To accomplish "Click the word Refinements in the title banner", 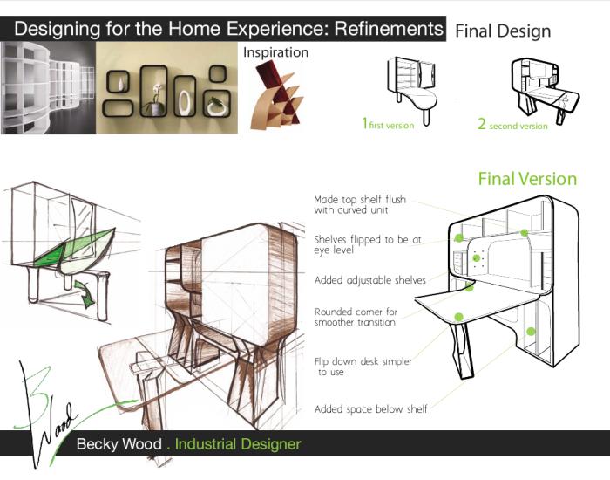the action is tap(389, 29).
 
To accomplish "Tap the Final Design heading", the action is tap(503, 31).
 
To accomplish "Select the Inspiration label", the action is tap(276, 52).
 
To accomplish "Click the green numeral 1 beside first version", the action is tap(364, 123).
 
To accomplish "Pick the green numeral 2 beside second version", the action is tap(482, 124).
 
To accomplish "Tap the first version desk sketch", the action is tap(412, 90).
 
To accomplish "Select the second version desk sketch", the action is tap(545, 91).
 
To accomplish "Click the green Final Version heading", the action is tap(527, 179).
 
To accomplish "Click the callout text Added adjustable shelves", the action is tap(370, 280).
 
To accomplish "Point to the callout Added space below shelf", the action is tap(370, 409).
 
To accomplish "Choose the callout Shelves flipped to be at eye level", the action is tap(368, 244).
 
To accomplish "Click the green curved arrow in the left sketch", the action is tap(85, 293).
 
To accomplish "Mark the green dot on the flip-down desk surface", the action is tap(458, 317).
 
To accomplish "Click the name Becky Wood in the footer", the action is tap(119, 443).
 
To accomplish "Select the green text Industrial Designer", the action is tap(238, 444).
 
